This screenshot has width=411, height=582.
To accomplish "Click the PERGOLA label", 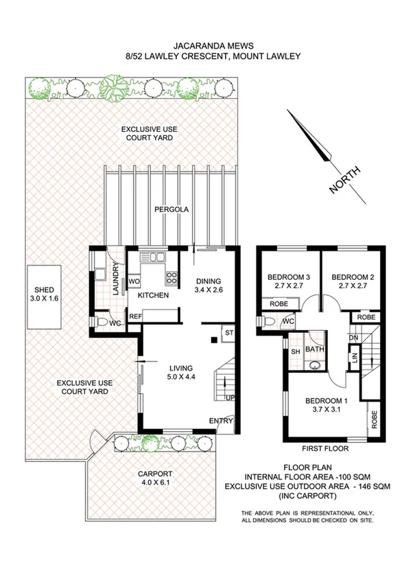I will [171, 209].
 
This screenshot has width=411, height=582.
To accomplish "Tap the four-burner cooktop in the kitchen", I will [170, 279].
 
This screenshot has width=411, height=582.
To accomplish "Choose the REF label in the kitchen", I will [135, 316].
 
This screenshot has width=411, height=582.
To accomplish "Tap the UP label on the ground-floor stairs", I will [230, 398].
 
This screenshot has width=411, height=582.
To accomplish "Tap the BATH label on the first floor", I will [315, 349].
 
